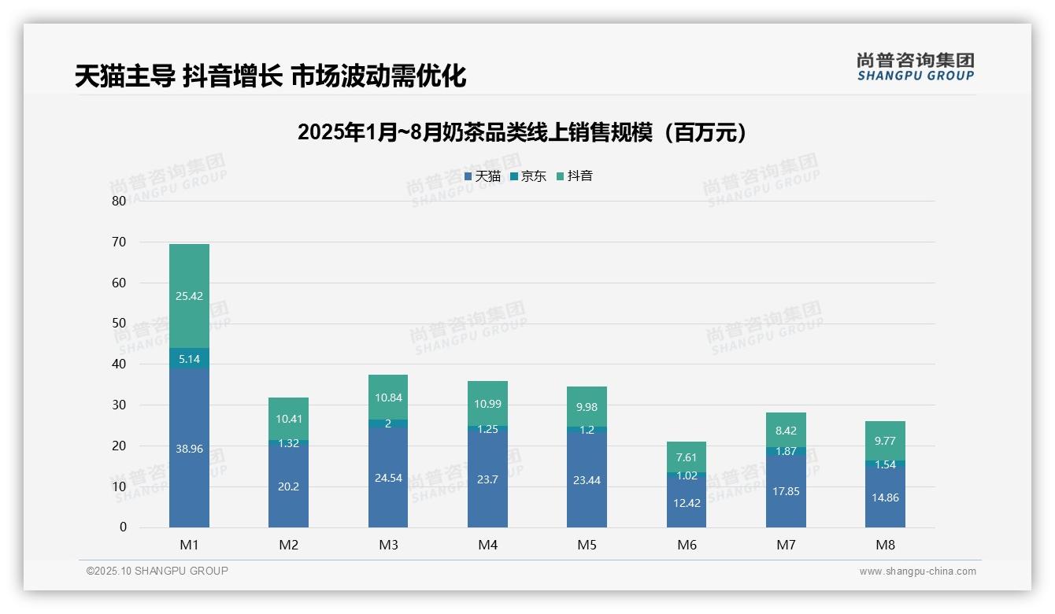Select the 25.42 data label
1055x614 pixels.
pos(189,296)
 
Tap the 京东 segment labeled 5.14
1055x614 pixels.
pos(189,358)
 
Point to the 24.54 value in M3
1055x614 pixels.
pos(388,477)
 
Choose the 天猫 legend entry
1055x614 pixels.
pos(482,176)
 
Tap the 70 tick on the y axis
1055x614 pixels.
pos(119,242)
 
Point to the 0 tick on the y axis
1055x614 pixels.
pos(123,527)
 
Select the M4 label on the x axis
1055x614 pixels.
pos(487,545)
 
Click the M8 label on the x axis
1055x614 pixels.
pos(885,545)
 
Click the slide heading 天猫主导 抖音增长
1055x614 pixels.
pos(270,76)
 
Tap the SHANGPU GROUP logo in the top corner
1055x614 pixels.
pos(915,67)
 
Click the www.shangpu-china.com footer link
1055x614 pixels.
pos(917,571)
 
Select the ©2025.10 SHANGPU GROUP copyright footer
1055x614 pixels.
pos(157,571)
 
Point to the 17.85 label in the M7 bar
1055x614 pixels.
pos(786,491)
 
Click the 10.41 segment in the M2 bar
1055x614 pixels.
pos(288,419)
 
